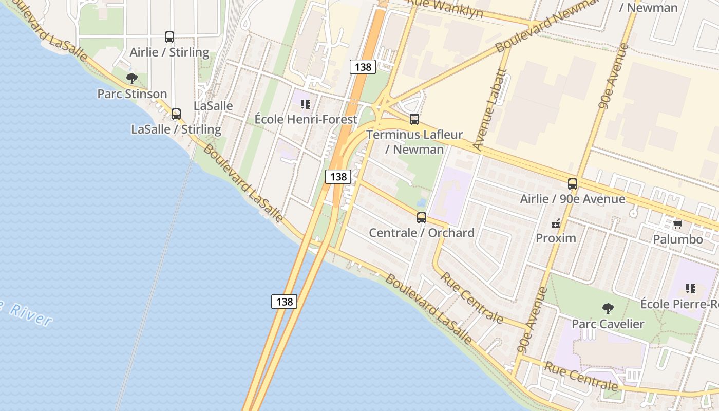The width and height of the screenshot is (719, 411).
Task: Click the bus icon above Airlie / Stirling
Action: [169, 37]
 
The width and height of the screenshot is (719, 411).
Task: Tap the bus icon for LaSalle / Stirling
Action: [176, 114]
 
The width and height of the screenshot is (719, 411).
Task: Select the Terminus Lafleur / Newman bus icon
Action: [414, 119]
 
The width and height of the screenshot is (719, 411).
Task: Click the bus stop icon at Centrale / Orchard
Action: [422, 218]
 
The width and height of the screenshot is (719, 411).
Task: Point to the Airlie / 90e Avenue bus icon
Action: [573, 184]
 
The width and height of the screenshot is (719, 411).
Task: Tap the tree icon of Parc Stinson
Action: [132, 79]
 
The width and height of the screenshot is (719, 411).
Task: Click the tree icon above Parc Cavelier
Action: [608, 309]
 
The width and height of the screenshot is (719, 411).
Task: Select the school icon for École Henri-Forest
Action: [306, 104]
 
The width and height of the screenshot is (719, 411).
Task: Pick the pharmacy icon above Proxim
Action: [556, 223]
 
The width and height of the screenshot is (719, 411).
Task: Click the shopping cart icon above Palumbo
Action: [677, 225]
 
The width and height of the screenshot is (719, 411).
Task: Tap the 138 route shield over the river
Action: [284, 302]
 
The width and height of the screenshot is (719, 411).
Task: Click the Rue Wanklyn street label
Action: [445, 8]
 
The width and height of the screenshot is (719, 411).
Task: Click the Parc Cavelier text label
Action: [608, 324]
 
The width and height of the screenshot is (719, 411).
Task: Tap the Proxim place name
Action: [556, 238]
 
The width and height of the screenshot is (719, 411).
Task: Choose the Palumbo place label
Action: [677, 239]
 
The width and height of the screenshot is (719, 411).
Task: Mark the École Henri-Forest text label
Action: [306, 119]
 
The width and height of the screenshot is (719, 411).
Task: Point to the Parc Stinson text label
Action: [132, 94]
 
